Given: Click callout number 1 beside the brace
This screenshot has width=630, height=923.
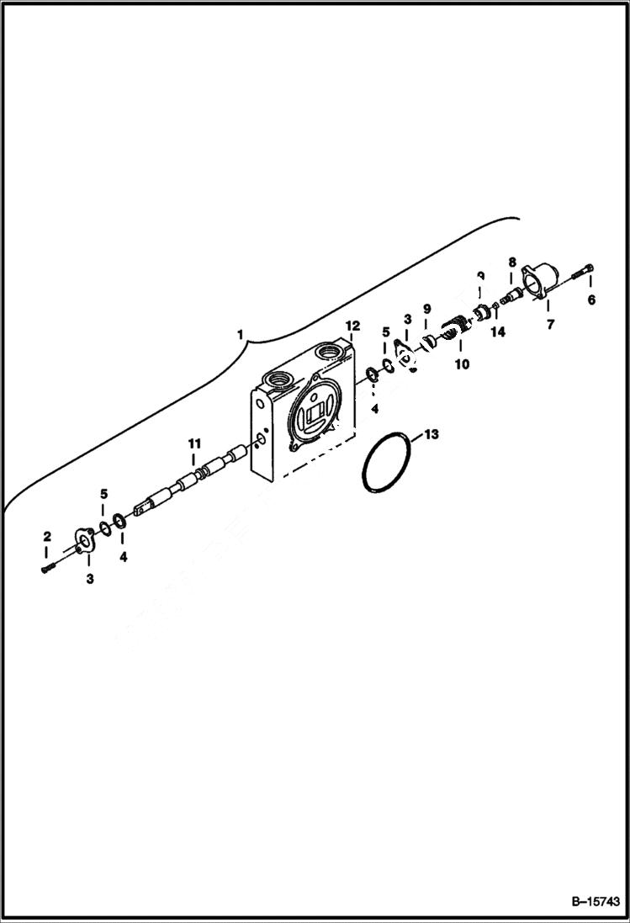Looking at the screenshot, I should click(x=241, y=335).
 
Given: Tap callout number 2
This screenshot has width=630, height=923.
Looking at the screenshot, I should click(x=47, y=536).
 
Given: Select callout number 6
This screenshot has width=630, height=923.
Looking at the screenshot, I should click(x=590, y=300).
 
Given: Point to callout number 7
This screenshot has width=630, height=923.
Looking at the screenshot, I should click(x=551, y=325).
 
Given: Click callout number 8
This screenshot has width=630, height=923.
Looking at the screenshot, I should click(x=511, y=263).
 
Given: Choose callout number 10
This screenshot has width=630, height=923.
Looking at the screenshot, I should click(x=461, y=364).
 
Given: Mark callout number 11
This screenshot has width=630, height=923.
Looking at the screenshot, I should click(x=194, y=443).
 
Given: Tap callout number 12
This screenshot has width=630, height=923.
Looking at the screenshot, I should click(x=352, y=325).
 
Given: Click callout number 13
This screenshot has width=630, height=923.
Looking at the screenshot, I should click(x=431, y=435).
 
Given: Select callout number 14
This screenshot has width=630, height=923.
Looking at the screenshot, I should click(x=498, y=332).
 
